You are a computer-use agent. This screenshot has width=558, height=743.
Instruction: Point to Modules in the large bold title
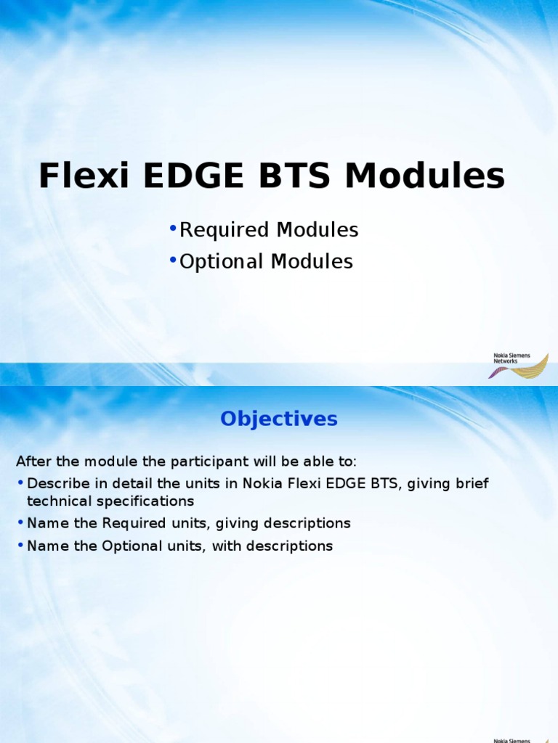tap(425, 176)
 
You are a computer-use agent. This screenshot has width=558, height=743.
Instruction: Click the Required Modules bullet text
tap(269, 231)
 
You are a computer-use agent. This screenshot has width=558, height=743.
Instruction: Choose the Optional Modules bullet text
tap(266, 262)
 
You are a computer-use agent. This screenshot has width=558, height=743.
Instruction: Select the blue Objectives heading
tap(279, 419)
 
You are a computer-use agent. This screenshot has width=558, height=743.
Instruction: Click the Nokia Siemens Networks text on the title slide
tap(511, 358)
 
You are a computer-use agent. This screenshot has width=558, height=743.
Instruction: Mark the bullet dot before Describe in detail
tap(20, 483)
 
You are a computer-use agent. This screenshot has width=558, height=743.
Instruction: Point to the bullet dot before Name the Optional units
tap(20, 546)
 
